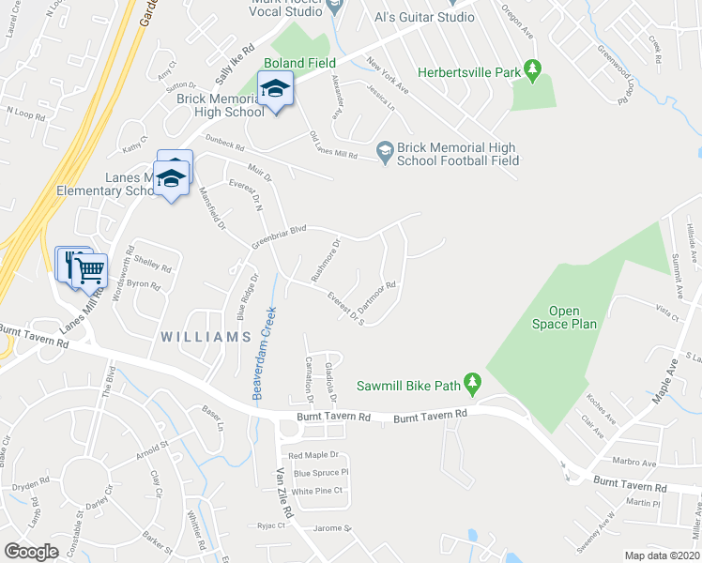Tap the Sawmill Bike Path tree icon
pyautogui.click(x=473, y=385)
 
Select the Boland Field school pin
pyautogui.click(x=275, y=91)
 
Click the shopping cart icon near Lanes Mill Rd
pyautogui.click(x=89, y=270)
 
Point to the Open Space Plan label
pyautogui.click(x=564, y=317)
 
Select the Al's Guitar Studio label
pyautogui.click(x=423, y=17)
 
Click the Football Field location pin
pyautogui.click(x=384, y=151)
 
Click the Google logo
pyautogui.click(x=31, y=551)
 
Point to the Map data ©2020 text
pyautogui.click(x=662, y=555)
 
